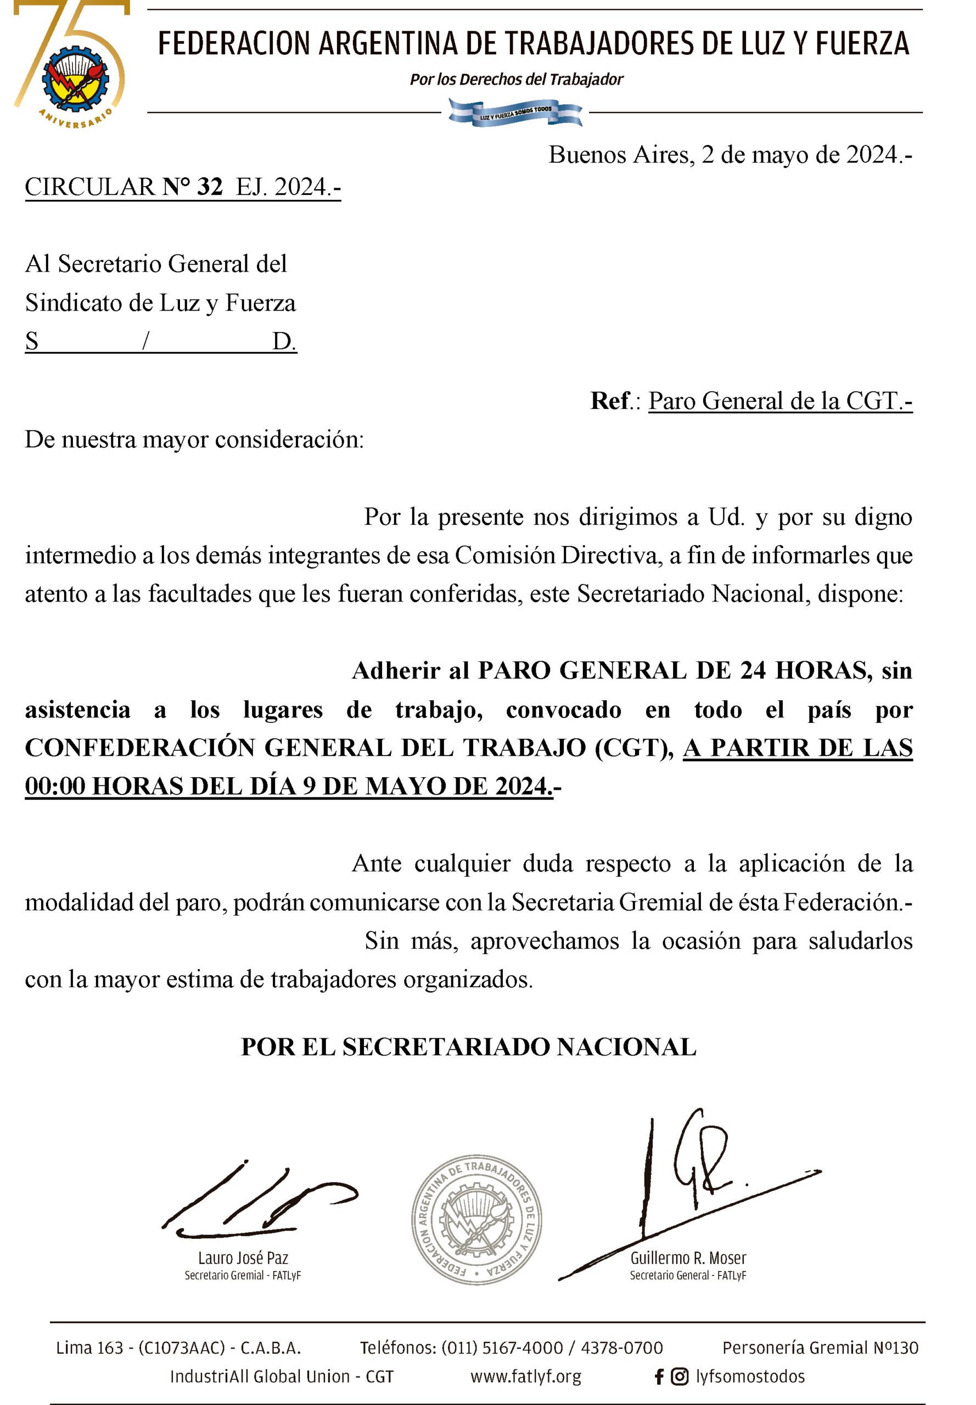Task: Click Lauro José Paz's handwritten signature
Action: coord(257,1197)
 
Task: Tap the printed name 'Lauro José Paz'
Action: coord(243,1258)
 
